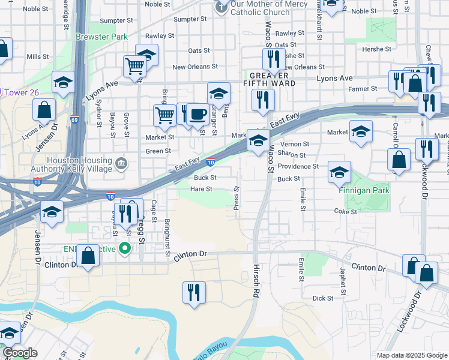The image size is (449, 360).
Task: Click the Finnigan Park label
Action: point(363,191)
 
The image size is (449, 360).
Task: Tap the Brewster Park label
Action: point(102,37)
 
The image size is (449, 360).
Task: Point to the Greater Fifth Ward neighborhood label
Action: point(273,79)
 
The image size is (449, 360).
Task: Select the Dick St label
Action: point(322,298)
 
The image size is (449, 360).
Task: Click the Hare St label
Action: point(201,189)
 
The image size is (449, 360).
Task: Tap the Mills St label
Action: point(37,56)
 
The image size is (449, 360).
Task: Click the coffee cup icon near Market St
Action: point(197,113)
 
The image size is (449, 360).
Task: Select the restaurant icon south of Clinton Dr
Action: point(193,293)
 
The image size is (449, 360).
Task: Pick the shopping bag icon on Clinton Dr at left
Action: point(88,256)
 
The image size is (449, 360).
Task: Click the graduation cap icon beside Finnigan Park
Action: point(339,172)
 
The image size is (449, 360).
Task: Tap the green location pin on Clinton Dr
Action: point(125,248)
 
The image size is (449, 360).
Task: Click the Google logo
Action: point(20,353)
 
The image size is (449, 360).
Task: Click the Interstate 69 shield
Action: point(75,121)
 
